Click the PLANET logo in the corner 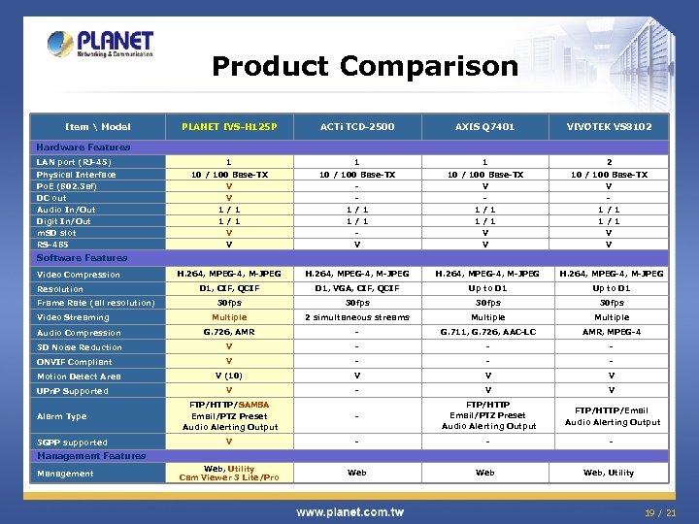pos(100,45)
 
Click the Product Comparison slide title pos(365,67)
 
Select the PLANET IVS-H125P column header pos(229,127)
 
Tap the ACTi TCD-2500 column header pos(357,127)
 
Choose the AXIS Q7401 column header pos(485,127)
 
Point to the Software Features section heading pos(82,258)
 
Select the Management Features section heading pos(90,456)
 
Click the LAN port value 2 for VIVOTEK pos(609,162)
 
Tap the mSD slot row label pos(56,233)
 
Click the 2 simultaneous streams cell pos(357,317)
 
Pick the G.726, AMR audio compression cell pos(229,333)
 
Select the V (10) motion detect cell pos(229,377)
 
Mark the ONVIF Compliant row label pos(75,362)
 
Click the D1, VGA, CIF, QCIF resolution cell pos(357,289)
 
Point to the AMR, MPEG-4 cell pos(612,333)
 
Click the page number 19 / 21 pos(661,511)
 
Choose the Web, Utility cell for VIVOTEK pos(609,474)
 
